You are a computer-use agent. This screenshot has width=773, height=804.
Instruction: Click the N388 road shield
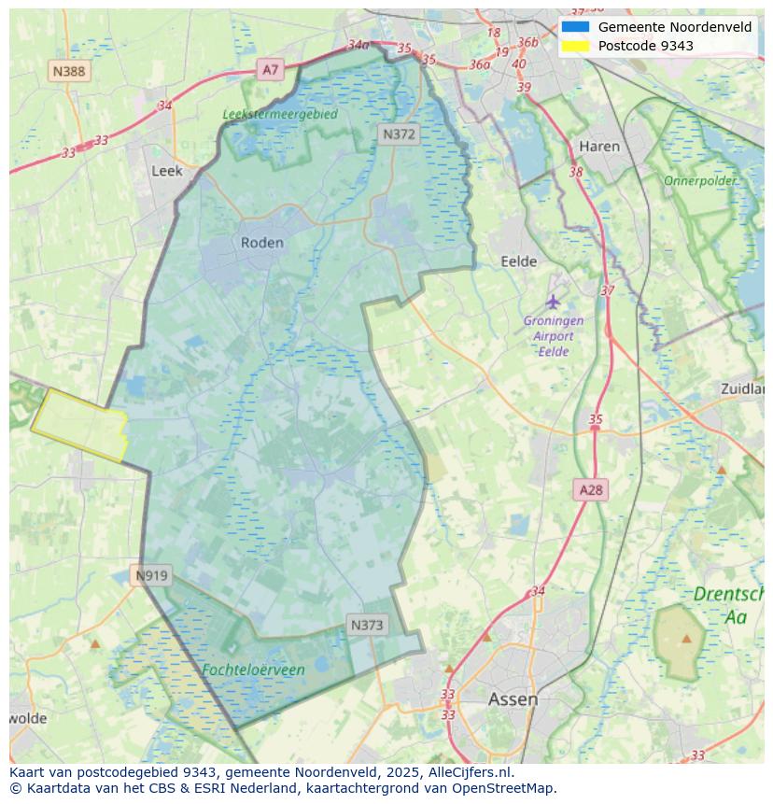[69, 71]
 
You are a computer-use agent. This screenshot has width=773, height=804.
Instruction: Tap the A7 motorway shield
[270, 69]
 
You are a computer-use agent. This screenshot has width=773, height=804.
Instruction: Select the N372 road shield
[399, 134]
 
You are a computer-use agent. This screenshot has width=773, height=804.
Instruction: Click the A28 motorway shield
[591, 489]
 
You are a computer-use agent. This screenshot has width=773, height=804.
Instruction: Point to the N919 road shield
[151, 575]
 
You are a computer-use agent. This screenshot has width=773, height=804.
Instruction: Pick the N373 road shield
[366, 625]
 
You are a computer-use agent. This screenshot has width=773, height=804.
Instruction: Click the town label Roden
[261, 243]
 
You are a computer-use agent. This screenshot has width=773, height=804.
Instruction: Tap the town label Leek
[167, 171]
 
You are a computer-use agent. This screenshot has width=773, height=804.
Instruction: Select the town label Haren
[599, 147]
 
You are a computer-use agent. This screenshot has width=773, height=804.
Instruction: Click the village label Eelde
[519, 261]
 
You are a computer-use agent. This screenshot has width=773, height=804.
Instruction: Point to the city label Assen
[513, 698]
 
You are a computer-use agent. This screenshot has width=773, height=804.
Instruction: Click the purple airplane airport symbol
[554, 302]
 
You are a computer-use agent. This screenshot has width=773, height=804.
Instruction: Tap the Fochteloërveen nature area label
[253, 670]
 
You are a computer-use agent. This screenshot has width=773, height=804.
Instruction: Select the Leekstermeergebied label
[280, 114]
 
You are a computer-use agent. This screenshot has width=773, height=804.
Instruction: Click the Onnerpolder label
[700, 180]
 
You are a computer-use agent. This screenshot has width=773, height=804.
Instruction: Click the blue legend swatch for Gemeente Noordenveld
[575, 27]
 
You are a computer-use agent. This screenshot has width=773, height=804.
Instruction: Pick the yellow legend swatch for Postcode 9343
[575, 46]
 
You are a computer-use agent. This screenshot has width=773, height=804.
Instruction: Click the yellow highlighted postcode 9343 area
[79, 425]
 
